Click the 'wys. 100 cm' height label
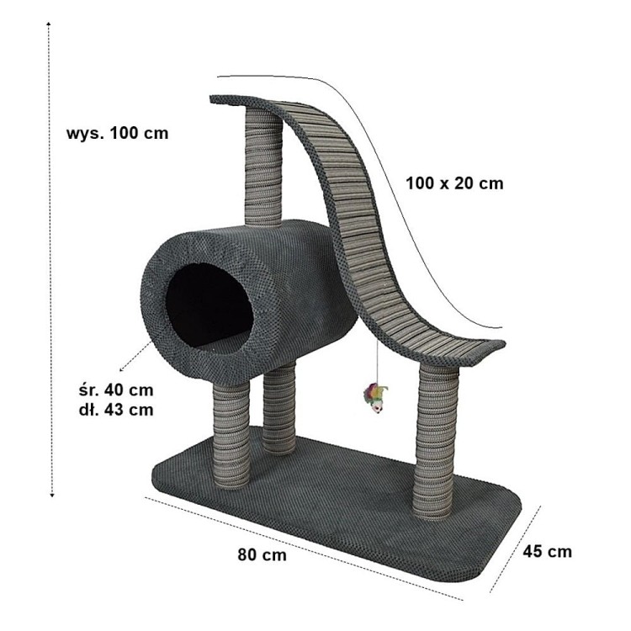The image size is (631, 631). pos(117,133)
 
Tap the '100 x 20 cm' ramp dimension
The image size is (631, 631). pos(454,183)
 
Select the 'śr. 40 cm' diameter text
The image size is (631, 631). pos(117,390)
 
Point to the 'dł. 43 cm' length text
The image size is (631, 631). pos(117,410)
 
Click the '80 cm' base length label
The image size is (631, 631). pos(262,554)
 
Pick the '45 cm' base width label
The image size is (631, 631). pos(548,551)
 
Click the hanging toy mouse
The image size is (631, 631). pos(376,399)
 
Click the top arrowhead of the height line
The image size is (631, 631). pos(48,24)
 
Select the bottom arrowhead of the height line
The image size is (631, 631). pos(51,495)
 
